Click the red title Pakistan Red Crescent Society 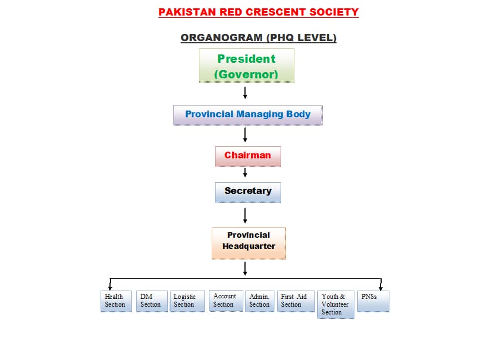258,12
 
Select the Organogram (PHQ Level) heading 258,38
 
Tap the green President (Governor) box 247,66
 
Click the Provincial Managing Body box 248,114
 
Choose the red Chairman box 248,156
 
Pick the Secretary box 248,192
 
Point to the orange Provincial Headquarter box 249,243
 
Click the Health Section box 116,301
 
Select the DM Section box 152,301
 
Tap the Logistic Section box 187,301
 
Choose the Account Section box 226,301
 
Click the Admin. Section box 259,301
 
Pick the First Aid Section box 296,301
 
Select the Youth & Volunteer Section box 336,304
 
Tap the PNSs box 373,301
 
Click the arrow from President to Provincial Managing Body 245,93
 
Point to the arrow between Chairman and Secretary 245,173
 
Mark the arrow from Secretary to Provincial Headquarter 245,214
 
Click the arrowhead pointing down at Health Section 110,287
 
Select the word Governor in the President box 246,74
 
